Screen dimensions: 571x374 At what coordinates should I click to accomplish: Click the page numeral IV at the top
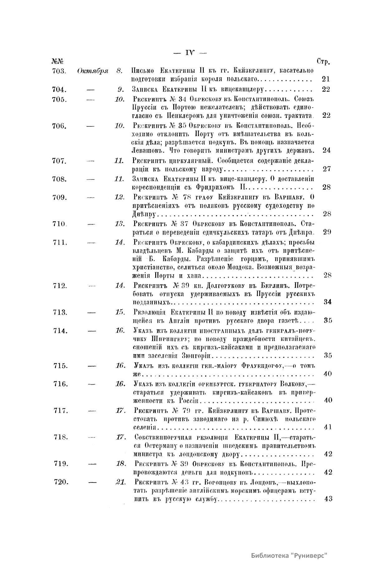point(189,53)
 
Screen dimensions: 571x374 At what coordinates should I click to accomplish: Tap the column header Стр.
point(324,62)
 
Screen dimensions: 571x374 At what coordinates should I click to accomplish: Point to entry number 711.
point(59,243)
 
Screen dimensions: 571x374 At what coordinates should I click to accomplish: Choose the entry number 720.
point(61,482)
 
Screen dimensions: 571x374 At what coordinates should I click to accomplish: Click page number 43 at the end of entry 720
point(328,499)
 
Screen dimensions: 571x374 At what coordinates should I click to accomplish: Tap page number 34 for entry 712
point(327,302)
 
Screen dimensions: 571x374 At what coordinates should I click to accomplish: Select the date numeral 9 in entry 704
point(120,90)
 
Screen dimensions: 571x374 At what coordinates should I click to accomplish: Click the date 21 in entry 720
point(120,482)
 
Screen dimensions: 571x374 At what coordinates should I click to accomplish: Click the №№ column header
point(56,62)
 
